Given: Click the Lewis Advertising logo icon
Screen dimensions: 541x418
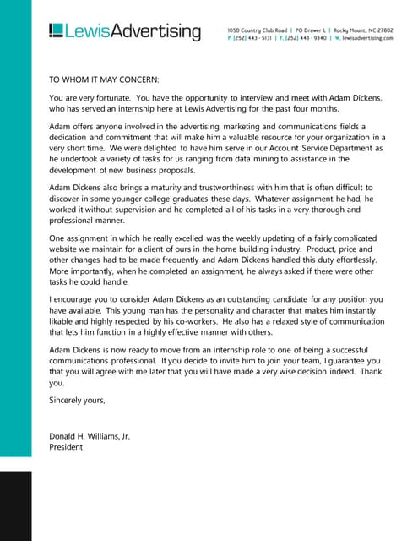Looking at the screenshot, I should [x=56, y=31].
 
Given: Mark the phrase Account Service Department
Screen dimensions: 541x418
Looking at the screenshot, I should [x=322, y=149].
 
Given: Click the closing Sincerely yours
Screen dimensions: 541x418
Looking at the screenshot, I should [x=77, y=401].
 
